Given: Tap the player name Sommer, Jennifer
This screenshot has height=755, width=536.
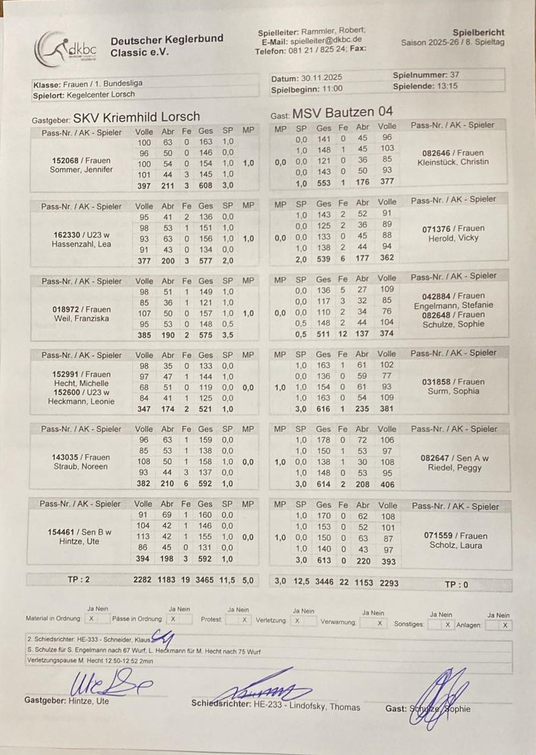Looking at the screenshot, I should coord(82,169).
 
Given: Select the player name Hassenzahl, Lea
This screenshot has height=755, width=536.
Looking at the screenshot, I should coord(81,244).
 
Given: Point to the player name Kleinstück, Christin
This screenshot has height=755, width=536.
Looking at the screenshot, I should coord(452,162).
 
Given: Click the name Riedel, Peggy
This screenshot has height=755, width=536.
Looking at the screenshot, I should coord(454,468).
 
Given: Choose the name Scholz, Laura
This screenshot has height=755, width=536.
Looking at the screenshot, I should coord(454,545).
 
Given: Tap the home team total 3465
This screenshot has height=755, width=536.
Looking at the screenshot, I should coord(205,582).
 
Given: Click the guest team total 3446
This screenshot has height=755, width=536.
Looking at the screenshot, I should coord(324,583).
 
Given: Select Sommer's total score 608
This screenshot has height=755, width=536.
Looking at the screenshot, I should coord(206,186).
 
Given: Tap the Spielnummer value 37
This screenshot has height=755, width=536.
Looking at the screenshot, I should coord(454,75).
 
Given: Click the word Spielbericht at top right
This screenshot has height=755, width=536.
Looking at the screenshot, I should coord(478,32).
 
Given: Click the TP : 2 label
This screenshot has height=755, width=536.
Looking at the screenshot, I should coord(78,580).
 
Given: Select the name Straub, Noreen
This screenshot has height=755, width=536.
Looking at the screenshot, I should coord(81,466).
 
